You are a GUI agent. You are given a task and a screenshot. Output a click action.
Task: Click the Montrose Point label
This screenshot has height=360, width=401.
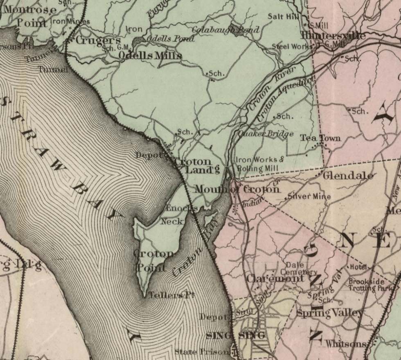click(30, 16)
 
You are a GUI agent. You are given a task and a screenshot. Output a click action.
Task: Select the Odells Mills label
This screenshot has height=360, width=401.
click(150, 55)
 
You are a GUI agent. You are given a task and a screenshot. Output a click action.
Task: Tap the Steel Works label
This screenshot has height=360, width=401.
click(292, 47)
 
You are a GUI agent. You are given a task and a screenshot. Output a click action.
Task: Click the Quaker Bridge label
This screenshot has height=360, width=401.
click(266, 134)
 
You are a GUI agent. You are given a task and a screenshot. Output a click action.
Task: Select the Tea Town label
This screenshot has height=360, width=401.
click(320, 138)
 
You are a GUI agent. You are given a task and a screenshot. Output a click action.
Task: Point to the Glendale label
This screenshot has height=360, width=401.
click(348, 176)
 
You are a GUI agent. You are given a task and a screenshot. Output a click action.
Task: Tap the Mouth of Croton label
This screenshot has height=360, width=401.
click(237, 189)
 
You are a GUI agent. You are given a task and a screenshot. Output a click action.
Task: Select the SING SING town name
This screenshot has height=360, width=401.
click(235, 335)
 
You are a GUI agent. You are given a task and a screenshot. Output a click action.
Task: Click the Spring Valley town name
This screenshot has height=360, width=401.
click(329, 313)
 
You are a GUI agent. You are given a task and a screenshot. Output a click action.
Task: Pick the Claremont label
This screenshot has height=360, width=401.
click(275, 279)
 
